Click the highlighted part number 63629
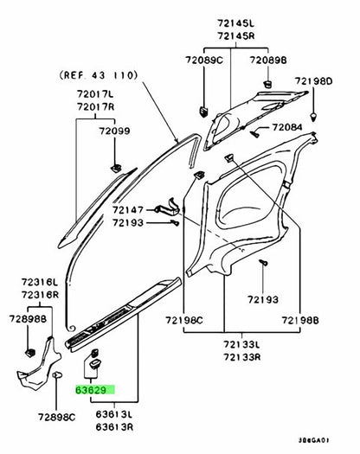(91, 390)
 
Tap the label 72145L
(236, 23)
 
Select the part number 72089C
(204, 61)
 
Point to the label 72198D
(313, 81)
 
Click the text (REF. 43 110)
(99, 75)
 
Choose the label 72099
(114, 131)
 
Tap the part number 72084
(287, 127)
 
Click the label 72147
(128, 209)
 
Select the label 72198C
(184, 320)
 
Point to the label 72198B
(300, 320)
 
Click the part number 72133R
(241, 357)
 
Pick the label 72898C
(56, 417)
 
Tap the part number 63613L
(114, 414)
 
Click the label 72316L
(40, 282)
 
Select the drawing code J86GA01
(313, 440)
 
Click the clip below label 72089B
(267, 84)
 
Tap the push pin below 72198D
(313, 117)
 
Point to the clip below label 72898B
(29, 352)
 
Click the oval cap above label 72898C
(57, 375)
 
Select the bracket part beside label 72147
(168, 207)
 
